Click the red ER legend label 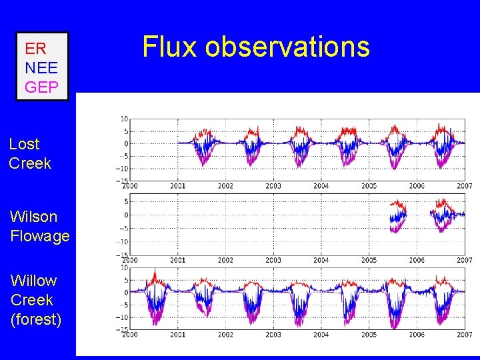click(35, 49)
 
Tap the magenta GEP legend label click(41, 86)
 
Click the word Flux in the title click(170, 47)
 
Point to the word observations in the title click(287, 47)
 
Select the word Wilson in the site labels click(33, 217)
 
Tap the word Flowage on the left click(40, 236)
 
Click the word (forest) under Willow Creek click(36, 319)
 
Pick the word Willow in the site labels click(33, 281)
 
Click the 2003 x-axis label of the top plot click(273, 186)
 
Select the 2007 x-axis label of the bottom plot click(465, 334)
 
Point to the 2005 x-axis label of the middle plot click(369, 260)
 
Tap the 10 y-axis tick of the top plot click(124, 119)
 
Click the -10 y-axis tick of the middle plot click(121, 241)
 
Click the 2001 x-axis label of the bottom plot click(177, 334)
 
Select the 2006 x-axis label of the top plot click(417, 186)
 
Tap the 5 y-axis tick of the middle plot click(125, 201)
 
